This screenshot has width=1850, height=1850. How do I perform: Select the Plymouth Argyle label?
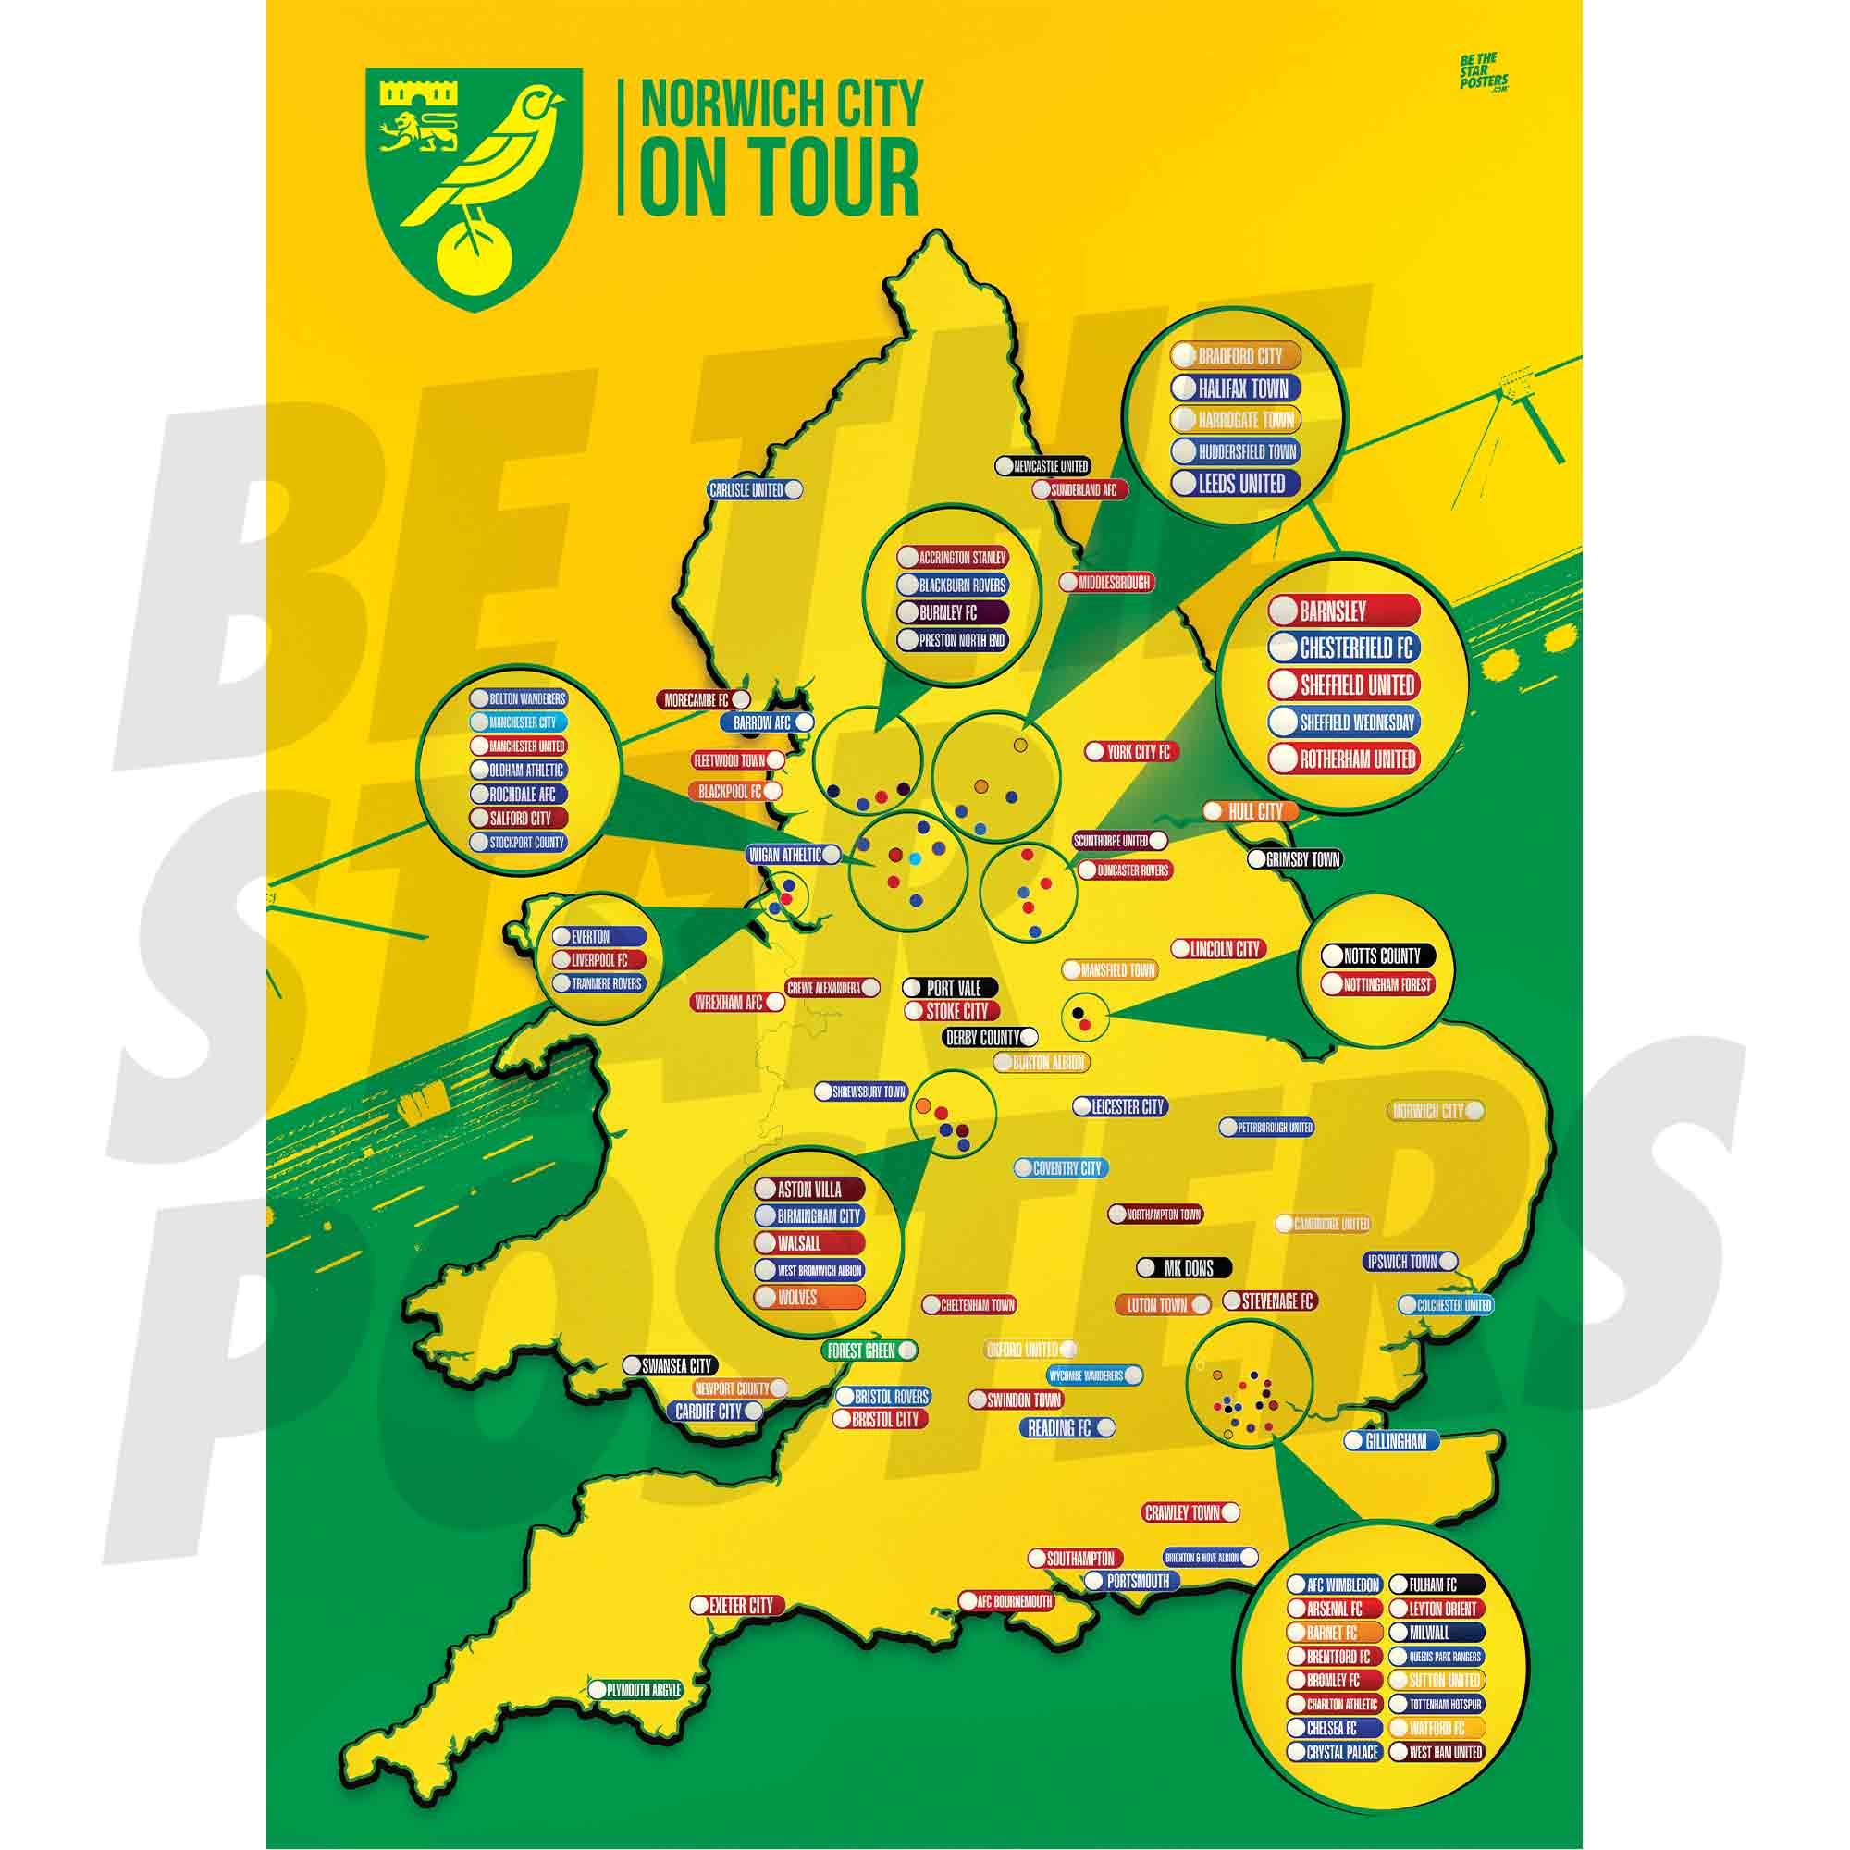(x=635, y=1690)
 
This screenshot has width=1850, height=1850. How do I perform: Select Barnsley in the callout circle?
(x=1342, y=610)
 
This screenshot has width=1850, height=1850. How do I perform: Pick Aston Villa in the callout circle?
(x=809, y=1190)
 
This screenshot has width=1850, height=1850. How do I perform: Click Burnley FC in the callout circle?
(x=951, y=613)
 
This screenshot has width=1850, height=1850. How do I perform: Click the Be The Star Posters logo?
(x=1482, y=73)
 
